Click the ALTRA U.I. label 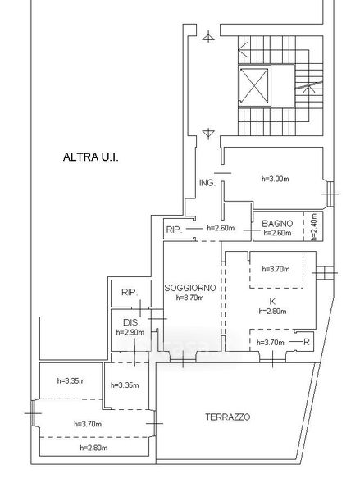(x=91, y=157)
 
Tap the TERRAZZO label (x=228, y=417)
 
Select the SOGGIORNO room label (x=190, y=288)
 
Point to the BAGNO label (x=277, y=224)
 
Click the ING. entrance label (x=207, y=183)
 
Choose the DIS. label (x=131, y=322)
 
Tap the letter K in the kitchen (x=272, y=302)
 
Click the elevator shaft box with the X (x=253, y=86)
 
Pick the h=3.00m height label (x=276, y=179)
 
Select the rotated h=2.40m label (x=315, y=227)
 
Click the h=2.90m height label (x=130, y=332)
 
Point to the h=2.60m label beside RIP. (x=221, y=228)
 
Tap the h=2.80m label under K (x=272, y=312)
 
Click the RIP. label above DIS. (x=130, y=293)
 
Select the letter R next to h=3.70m (x=307, y=342)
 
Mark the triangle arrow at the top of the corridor (x=208, y=37)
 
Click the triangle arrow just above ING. (x=208, y=134)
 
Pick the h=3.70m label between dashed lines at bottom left (x=88, y=424)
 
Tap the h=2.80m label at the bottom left (x=93, y=448)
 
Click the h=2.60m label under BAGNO (x=277, y=233)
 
